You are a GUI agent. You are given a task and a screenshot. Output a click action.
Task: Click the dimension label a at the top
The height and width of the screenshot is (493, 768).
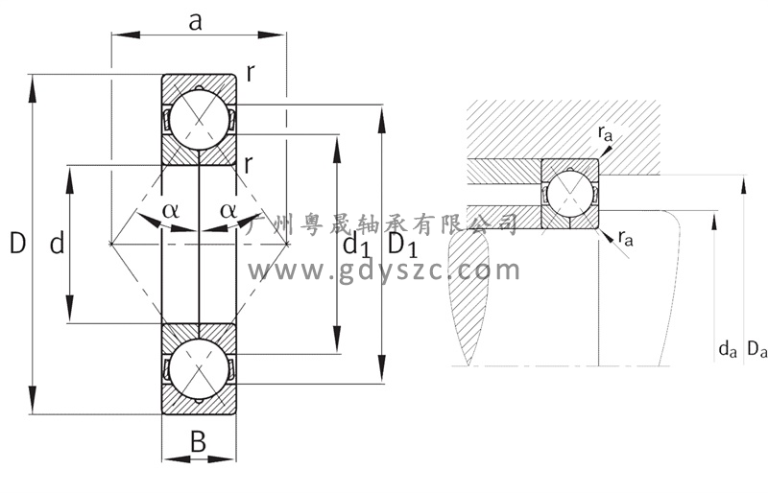tap(195, 21)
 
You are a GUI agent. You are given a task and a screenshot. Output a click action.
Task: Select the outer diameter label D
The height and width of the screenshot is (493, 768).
tap(17, 243)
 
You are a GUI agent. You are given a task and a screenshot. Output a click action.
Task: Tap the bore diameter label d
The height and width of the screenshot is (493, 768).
tap(58, 243)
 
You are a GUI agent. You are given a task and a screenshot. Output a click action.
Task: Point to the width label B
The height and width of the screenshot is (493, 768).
tap(198, 442)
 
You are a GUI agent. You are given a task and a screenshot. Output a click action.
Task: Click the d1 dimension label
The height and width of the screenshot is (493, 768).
tap(355, 245)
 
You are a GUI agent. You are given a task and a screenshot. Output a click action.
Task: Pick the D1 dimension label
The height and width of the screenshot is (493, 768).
tap(402, 245)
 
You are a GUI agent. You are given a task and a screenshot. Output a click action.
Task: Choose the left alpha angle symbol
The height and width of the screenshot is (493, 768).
tap(171, 210)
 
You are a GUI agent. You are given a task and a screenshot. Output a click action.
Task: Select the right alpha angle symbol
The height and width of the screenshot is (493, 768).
tap(228, 210)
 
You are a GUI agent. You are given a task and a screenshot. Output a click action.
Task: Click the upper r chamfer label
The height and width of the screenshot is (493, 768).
tap(251, 74)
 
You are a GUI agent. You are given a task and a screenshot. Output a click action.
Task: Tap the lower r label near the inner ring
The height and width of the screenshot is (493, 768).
tap(249, 164)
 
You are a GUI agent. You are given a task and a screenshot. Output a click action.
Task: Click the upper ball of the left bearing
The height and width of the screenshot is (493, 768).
tap(199, 120)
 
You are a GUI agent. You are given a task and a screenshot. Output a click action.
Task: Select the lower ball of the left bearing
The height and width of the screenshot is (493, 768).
tap(199, 368)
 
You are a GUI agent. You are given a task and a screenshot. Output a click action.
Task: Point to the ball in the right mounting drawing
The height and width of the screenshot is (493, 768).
tap(569, 194)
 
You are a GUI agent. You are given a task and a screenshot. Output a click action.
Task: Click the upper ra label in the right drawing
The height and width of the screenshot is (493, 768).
tap(605, 132)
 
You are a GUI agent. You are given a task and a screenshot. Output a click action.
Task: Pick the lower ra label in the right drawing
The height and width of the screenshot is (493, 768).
tap(626, 238)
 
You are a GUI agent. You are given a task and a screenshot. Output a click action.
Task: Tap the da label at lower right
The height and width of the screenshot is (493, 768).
tap(728, 349)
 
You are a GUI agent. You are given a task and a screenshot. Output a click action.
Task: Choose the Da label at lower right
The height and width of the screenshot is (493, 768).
tap(756, 349)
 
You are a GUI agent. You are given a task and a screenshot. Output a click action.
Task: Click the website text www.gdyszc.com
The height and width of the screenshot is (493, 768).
tap(384, 270)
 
